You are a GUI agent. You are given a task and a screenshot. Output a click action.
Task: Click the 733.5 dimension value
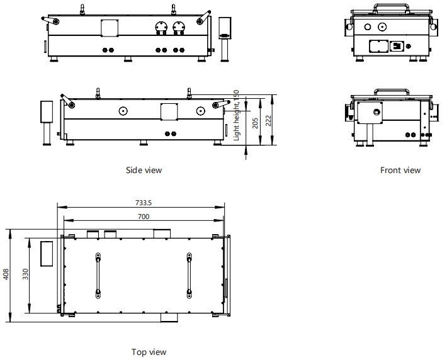144,203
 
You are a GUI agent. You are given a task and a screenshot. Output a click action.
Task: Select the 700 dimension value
144,217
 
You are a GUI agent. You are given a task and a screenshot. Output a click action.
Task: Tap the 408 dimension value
6,274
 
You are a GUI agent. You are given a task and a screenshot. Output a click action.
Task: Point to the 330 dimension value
25,274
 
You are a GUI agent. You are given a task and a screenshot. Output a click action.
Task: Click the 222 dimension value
269,121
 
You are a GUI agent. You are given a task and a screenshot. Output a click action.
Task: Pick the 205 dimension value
255,123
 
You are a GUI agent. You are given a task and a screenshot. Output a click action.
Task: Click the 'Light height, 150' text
237,115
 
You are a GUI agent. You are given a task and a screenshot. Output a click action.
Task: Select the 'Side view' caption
144,170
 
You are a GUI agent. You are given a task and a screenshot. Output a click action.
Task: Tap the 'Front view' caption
400,170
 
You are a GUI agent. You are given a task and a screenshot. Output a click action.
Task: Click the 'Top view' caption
149,352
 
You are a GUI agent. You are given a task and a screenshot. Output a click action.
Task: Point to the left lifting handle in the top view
98,276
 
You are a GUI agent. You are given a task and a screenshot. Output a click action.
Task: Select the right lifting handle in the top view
189,276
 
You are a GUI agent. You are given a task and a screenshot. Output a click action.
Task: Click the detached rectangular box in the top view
47,254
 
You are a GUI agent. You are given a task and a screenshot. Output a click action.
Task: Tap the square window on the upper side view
110,28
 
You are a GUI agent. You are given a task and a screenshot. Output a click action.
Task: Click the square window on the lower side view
169,111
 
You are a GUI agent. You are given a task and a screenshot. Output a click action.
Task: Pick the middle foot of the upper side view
128,59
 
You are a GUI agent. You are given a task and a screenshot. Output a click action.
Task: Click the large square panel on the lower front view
370,113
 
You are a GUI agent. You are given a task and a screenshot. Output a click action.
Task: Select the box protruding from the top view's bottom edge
169,317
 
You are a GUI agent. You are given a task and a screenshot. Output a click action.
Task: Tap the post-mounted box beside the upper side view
225,39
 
